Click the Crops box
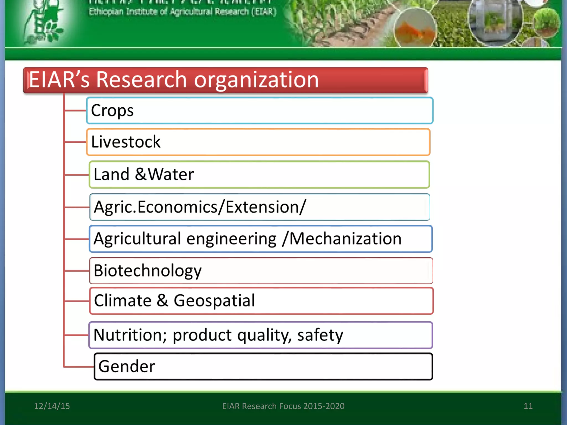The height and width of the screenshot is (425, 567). click(x=259, y=110)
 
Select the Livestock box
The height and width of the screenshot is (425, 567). click(x=258, y=142)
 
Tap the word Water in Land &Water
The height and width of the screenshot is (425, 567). click(x=171, y=174)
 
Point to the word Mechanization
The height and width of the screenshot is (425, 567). click(x=345, y=239)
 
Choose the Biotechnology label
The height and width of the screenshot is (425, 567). click(x=148, y=271)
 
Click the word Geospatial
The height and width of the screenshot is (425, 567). click(x=214, y=300)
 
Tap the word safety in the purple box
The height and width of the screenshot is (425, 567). click(x=320, y=335)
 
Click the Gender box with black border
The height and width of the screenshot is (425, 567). click(x=263, y=366)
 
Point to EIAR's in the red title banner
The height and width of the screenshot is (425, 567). click(x=59, y=80)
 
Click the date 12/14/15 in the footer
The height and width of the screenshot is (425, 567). click(x=52, y=406)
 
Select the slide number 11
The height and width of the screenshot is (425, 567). click(x=528, y=406)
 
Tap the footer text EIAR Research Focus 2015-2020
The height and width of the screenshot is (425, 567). click(x=283, y=406)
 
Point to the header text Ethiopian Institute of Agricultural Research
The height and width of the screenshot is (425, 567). click(x=182, y=12)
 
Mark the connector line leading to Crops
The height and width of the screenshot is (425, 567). click(x=75, y=110)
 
